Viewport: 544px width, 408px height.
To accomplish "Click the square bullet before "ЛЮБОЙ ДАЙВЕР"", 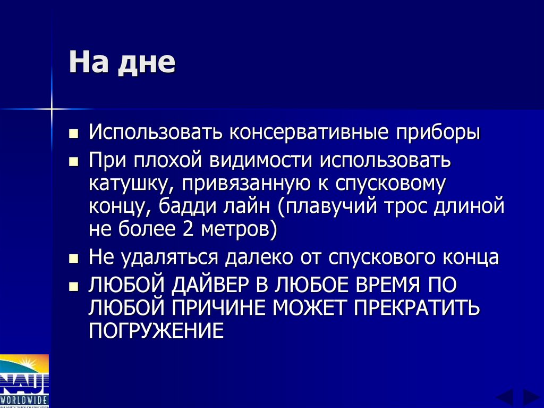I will tap(74, 287).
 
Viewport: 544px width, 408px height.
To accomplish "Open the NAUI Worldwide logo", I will tap(24, 380).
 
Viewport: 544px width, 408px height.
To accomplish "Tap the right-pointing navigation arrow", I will tap(531, 397).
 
